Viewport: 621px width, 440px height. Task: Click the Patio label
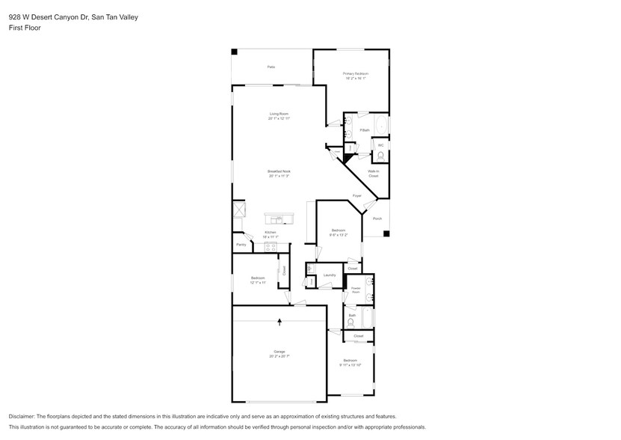(271, 67)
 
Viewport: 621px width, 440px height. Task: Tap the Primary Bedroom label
(356, 73)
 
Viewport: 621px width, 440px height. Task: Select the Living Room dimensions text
(279, 118)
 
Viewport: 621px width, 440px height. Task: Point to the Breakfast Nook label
(279, 171)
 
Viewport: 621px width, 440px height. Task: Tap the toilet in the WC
(381, 156)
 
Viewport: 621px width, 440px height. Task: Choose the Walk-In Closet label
(373, 174)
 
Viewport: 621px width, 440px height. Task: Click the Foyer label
(357, 196)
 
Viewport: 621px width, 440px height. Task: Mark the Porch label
(377, 219)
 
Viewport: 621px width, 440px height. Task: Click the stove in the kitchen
(271, 245)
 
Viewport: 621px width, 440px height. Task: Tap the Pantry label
(241, 245)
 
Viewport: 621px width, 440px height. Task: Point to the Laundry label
(329, 275)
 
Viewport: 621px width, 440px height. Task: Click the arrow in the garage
(279, 323)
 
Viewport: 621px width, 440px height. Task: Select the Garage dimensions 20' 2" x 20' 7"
(279, 356)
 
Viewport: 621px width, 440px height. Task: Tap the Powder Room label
(356, 289)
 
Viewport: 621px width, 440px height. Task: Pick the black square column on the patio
(234, 52)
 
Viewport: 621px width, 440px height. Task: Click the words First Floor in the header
(25, 28)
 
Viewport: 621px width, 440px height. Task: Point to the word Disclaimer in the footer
(25, 416)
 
